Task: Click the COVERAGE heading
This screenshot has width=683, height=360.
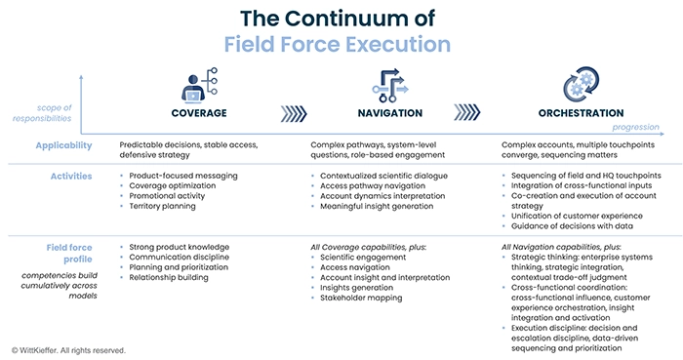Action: (199, 113)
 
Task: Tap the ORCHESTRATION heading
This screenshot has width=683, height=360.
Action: (581, 113)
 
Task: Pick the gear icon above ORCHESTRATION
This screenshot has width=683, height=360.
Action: (582, 84)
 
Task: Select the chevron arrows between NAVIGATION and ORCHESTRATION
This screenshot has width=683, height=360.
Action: (485, 112)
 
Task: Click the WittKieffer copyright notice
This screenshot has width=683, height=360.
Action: (68, 349)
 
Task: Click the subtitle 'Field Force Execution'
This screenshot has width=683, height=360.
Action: (337, 45)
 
